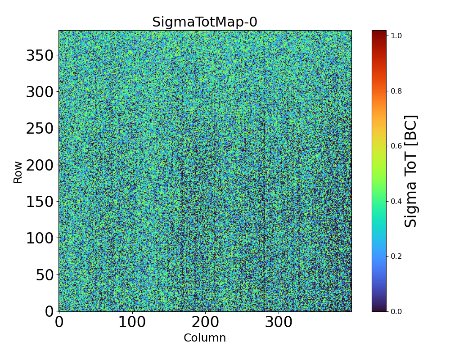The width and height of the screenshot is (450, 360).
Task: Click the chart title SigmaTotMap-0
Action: (x=204, y=22)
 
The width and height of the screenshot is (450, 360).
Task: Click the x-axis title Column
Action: (x=205, y=338)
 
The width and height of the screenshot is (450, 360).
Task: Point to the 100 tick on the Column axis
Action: (x=132, y=322)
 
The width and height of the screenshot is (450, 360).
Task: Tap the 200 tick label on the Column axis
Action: (x=206, y=322)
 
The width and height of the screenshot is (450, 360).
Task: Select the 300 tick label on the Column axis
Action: (x=279, y=322)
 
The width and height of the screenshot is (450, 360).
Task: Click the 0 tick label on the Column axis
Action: (x=59, y=322)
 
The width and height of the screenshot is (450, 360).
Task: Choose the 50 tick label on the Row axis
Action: (x=45, y=275)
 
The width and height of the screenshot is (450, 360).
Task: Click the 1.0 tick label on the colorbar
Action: (x=396, y=36)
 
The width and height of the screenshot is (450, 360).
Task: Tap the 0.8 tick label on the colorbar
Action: (x=396, y=91)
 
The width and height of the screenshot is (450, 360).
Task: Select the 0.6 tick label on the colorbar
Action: (x=396, y=146)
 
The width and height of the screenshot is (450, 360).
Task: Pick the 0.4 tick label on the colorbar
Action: (x=396, y=201)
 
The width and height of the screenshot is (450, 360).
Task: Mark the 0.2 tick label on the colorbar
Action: (x=396, y=256)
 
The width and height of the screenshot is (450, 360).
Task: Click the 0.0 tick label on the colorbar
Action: (x=396, y=311)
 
